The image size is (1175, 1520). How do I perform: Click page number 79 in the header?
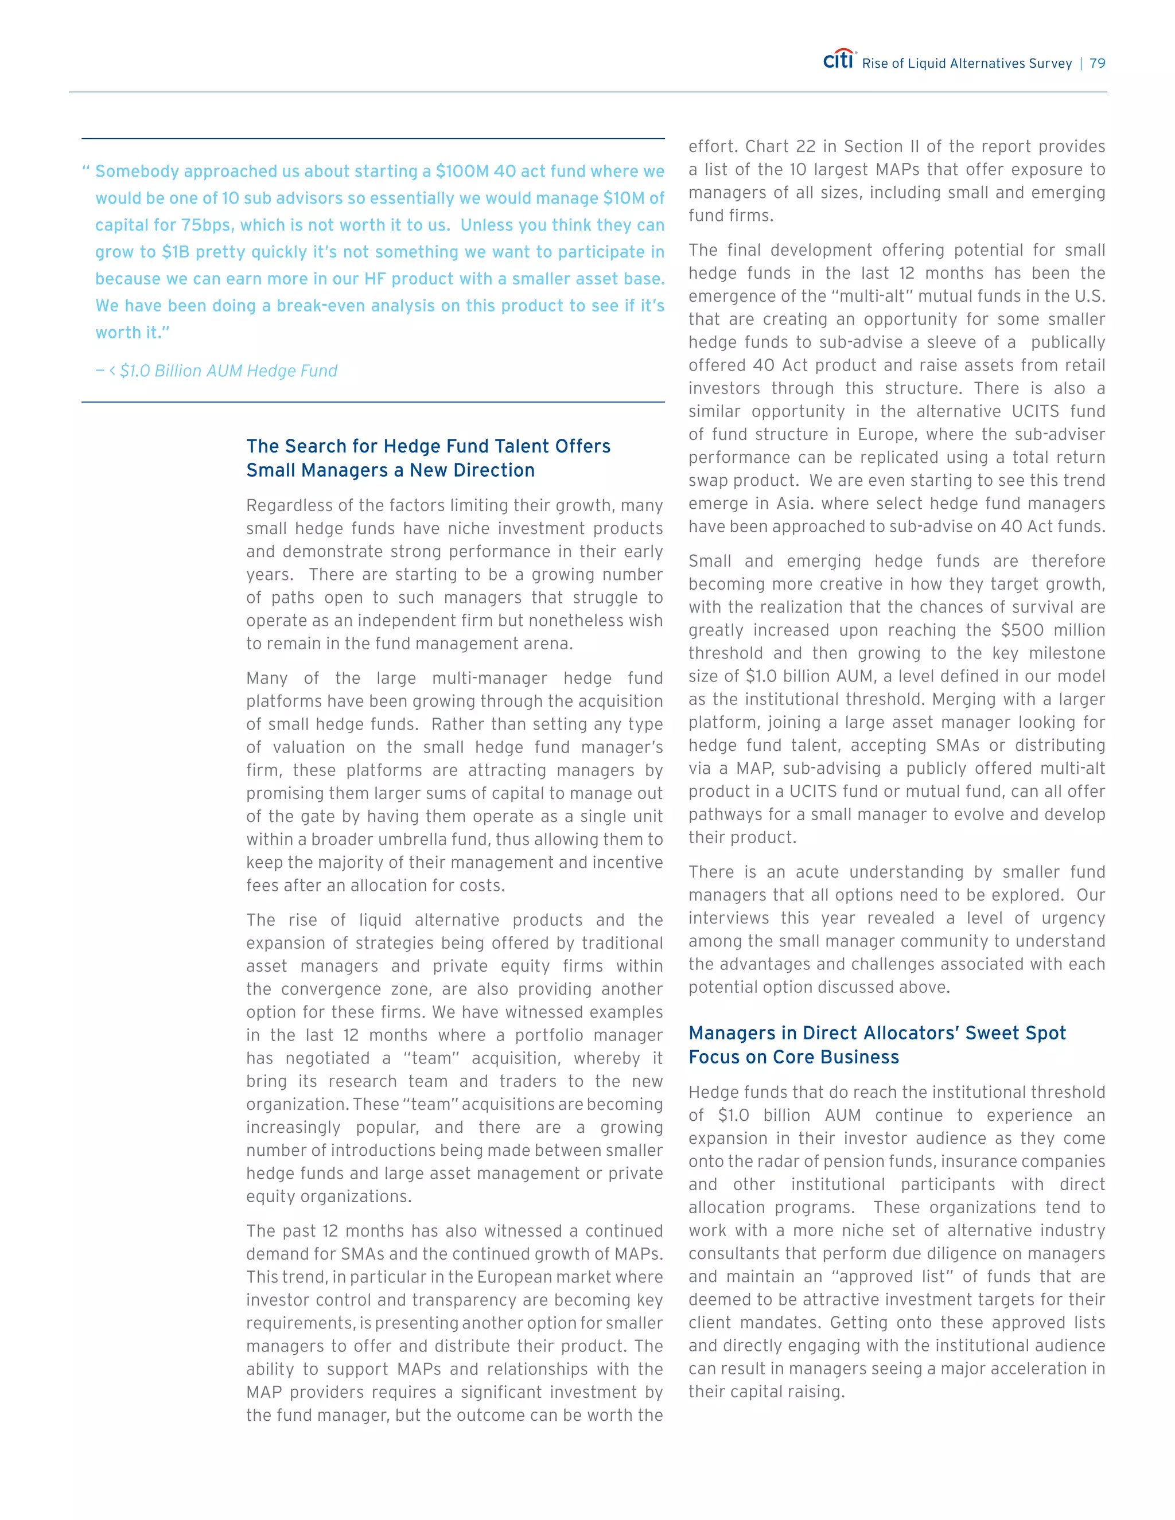click(x=1097, y=63)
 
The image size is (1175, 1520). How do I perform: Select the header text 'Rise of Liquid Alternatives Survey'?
click(x=966, y=63)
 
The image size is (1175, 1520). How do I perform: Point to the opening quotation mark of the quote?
click(x=86, y=170)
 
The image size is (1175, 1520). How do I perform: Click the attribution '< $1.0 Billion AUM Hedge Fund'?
click(x=223, y=371)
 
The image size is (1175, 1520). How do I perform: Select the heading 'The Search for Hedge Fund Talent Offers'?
click(x=428, y=446)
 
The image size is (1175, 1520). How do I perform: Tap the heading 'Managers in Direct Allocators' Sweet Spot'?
click(x=877, y=1033)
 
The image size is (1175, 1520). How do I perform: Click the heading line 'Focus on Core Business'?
click(x=793, y=1057)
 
